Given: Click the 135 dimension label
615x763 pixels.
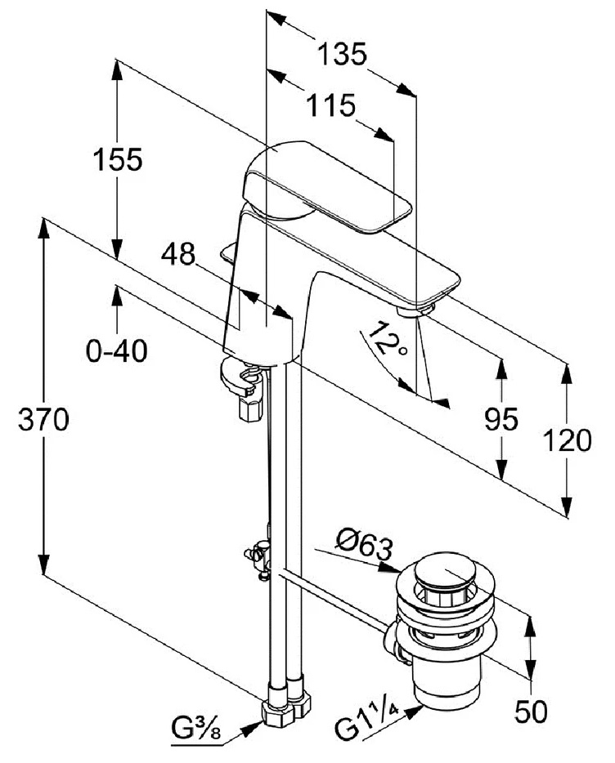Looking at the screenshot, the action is point(341,54).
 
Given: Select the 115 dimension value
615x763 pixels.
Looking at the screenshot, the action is point(331,105).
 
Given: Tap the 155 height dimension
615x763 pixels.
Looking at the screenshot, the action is point(118,159).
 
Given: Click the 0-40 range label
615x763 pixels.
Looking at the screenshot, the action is point(116,350).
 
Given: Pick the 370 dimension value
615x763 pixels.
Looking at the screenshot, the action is point(43,419).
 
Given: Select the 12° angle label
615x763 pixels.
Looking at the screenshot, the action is point(387,339).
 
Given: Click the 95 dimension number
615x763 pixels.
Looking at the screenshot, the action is point(501,419).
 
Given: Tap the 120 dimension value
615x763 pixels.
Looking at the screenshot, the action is point(567,440).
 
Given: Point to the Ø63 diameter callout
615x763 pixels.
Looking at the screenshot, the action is point(364,548).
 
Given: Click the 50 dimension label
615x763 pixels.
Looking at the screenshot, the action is point(531,712).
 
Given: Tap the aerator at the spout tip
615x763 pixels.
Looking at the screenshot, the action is point(415,310).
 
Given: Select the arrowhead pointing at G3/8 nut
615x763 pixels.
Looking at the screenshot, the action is point(254,729).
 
